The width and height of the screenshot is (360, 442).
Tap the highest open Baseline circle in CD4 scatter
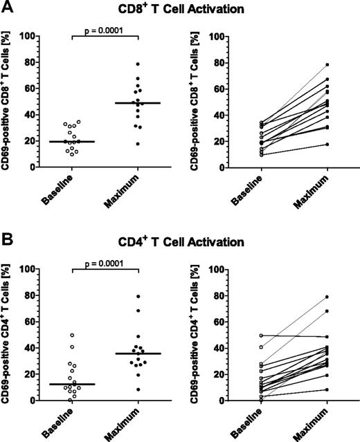click(x=71, y=335)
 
